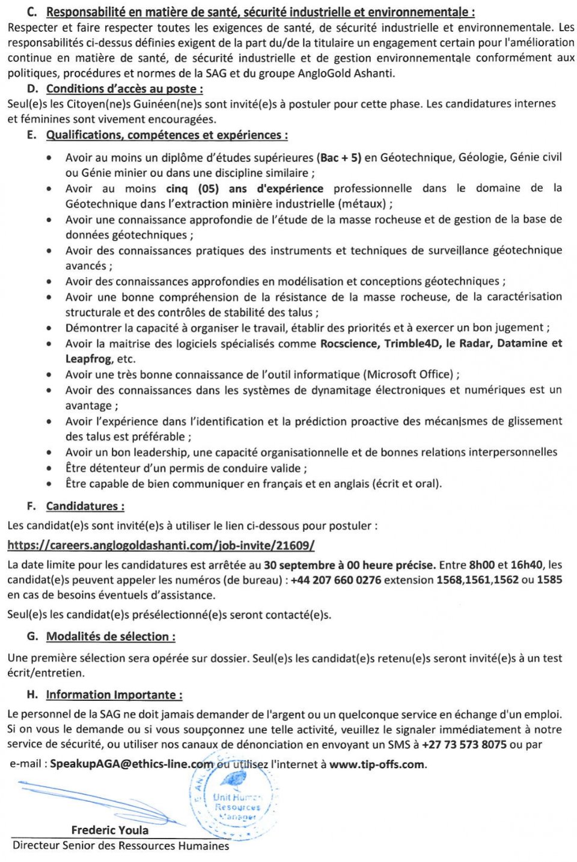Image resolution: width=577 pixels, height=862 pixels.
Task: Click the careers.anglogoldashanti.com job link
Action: point(160,545)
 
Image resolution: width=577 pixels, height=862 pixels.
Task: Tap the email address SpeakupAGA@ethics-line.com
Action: point(131,764)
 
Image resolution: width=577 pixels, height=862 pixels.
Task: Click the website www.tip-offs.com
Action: point(377,764)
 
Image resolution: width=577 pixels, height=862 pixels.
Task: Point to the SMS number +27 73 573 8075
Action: point(464,744)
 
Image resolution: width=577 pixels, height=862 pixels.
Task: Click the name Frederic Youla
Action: point(109,830)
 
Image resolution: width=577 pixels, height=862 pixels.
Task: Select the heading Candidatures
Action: point(85,506)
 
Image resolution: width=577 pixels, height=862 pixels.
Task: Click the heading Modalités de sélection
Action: point(111,637)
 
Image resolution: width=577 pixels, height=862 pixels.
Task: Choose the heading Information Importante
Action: point(114,695)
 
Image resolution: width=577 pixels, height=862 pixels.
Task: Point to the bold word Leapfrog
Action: point(88,359)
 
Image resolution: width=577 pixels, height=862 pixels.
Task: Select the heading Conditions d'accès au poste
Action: point(124,89)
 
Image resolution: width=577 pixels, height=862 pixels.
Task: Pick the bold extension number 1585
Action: point(549,580)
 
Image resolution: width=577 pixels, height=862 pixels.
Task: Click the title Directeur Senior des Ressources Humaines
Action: point(120,846)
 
